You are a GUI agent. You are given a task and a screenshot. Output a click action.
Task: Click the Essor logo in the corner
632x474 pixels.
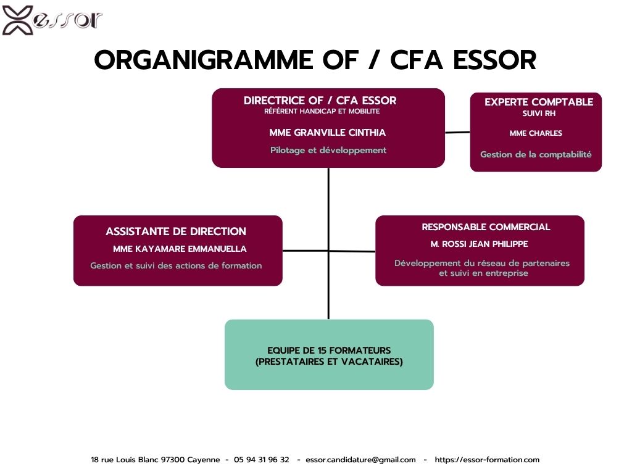(x=52, y=20)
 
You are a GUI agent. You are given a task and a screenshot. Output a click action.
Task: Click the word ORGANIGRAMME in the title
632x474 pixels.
(x=204, y=60)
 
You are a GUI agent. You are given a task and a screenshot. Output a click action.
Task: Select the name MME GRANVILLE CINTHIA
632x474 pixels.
(x=328, y=133)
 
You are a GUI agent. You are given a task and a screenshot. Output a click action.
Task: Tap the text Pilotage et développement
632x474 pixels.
(x=328, y=151)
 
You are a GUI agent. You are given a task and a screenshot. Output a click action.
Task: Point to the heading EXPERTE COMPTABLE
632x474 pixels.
(x=539, y=102)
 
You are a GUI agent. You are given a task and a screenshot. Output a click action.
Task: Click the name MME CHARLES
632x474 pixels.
(x=536, y=133)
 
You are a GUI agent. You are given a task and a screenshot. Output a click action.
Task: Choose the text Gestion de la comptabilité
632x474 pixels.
(x=536, y=154)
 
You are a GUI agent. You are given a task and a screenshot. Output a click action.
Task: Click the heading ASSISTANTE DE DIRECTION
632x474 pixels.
(x=176, y=231)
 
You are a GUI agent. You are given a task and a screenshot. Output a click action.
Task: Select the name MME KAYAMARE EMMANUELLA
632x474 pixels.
(x=180, y=249)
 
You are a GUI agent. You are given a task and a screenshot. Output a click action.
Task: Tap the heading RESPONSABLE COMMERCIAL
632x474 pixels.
(x=486, y=227)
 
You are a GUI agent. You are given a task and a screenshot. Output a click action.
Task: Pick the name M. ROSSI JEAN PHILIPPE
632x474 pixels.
(x=479, y=244)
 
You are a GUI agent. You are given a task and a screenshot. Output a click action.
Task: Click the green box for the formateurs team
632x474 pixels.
(x=329, y=355)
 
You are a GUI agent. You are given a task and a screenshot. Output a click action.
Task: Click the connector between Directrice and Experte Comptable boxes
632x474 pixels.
(x=457, y=132)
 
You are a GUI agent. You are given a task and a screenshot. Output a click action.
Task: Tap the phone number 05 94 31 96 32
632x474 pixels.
(x=262, y=459)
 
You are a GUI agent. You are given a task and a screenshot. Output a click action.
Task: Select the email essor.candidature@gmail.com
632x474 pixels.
(x=360, y=460)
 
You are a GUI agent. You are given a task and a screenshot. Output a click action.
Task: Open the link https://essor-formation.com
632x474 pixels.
(x=487, y=460)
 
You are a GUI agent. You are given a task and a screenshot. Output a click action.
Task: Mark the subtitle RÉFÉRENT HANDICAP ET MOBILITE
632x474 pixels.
(x=322, y=111)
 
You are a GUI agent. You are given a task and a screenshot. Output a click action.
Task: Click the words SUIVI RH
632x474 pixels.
(x=539, y=114)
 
